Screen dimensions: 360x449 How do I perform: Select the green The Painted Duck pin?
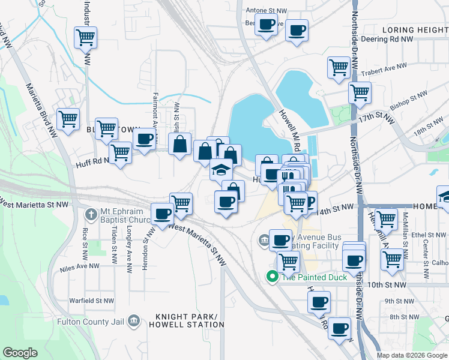click(x=272, y=277)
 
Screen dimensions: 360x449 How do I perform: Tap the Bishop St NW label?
click(x=409, y=98)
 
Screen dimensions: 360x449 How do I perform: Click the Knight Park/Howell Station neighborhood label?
click(x=190, y=320)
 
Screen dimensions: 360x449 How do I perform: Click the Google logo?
click(x=20, y=352)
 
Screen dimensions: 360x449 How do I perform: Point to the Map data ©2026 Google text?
click(x=411, y=355)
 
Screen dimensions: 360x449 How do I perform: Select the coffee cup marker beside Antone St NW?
click(x=266, y=25)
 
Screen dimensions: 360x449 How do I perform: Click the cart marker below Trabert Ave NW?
click(x=360, y=92)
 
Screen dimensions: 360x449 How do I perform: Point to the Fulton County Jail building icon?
click(x=134, y=322)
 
